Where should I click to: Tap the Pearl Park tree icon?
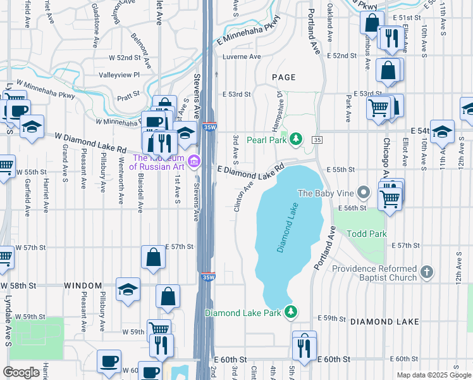[295, 139]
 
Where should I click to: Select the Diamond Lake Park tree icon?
[290, 312]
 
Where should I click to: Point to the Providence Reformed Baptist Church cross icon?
[427, 273]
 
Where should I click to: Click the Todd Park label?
[366, 234]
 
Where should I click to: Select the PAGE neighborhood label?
[283, 77]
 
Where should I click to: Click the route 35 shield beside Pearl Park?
[317, 139]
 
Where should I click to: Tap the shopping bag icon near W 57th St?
[153, 258]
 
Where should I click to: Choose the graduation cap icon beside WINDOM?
[128, 290]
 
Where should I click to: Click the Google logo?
[21, 372]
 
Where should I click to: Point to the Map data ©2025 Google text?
[433, 375]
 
